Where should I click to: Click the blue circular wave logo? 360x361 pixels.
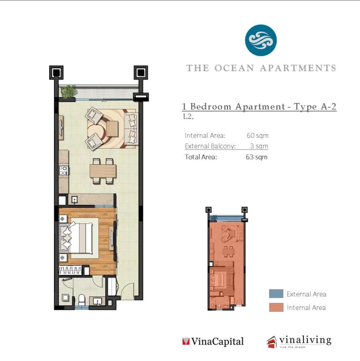tap(261, 40)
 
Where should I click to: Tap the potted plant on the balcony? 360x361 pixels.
tap(68, 92)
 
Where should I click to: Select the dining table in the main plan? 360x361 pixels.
tap(103, 171)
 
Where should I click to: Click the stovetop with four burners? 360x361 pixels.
tap(63, 170)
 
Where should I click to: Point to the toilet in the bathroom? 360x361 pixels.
tap(82, 300)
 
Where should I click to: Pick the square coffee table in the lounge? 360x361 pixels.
tap(112, 129)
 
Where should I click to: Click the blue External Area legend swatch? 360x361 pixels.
tap(276, 294)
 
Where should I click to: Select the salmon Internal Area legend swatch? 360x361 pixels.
tap(276, 307)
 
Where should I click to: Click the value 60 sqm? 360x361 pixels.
tap(257, 135)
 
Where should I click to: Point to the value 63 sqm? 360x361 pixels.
tap(256, 157)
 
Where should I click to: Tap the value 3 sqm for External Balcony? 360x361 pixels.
tap(259, 146)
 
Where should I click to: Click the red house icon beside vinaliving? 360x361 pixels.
tap(272, 342)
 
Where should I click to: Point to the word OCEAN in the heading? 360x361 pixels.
tap(234, 68)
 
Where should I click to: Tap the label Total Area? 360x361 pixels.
tap(201, 157)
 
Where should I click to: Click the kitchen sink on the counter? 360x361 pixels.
tap(74, 199)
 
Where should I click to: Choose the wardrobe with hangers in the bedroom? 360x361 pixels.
tap(70, 270)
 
